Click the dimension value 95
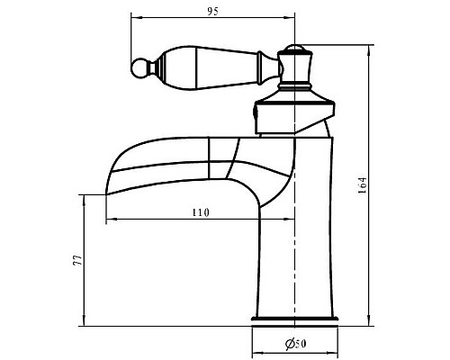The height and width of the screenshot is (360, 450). tap(213, 12)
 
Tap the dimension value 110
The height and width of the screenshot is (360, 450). tap(201, 212)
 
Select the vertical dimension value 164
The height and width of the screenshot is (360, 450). tap(363, 185)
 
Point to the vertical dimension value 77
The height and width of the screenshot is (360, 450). tap(77, 260)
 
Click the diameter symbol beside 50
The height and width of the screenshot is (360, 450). tap(290, 344)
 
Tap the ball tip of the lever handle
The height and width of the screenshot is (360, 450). tap(139, 67)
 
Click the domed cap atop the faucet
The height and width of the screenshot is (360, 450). tap(294, 48)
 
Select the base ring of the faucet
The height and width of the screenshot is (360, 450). tap(294, 319)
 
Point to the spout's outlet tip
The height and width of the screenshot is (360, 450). tap(106, 194)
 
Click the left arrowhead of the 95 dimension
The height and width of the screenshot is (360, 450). tap(135, 17)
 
